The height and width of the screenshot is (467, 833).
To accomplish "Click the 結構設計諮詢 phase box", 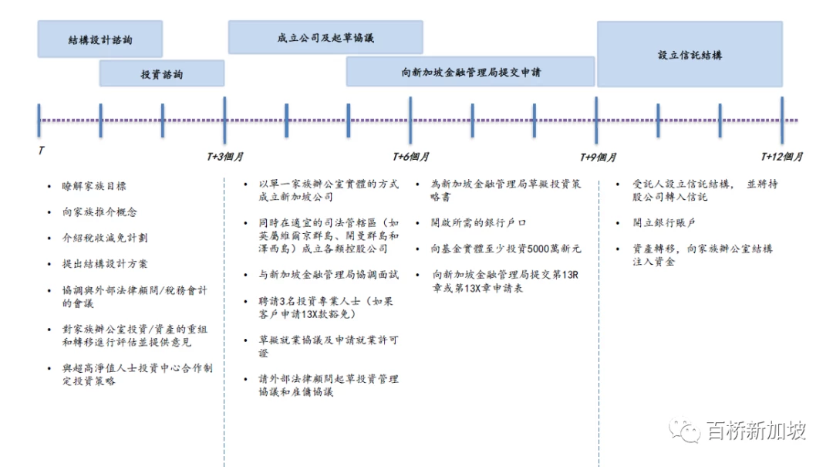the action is tap(99, 39).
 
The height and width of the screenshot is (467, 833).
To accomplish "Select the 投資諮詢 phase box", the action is tap(161, 73).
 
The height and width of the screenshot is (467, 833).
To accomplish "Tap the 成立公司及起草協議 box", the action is tap(325, 37).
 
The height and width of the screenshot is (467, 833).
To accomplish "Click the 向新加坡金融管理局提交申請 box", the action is tap(470, 72).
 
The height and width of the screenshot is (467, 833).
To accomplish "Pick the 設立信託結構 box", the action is tap(690, 54).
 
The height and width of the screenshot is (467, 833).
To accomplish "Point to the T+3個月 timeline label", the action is tap(224, 157).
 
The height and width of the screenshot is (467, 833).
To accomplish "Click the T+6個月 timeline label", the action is tap(410, 157).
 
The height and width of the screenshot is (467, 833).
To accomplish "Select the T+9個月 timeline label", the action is tap(598, 157).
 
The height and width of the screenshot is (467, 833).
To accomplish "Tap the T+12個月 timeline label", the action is tap(781, 157).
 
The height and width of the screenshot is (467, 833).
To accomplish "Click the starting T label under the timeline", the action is tap(41, 151).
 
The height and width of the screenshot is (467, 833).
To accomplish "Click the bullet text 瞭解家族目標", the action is tap(94, 186).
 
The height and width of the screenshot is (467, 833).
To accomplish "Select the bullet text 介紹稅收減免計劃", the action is tap(105, 238).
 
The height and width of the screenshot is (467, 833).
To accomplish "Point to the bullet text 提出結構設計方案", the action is tap(105, 264).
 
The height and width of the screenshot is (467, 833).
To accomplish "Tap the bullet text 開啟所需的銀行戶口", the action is tap(478, 223).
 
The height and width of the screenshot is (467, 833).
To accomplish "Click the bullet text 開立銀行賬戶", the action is tap(663, 223).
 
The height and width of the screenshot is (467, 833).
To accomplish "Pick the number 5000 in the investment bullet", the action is tap(538, 249).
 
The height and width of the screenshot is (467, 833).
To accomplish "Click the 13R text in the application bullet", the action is tap(571, 275).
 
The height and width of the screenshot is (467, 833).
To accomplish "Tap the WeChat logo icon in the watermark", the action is tap(685, 430).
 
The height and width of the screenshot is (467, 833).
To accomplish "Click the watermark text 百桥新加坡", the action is tap(757, 430).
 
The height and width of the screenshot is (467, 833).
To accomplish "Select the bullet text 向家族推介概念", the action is tap(99, 212).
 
